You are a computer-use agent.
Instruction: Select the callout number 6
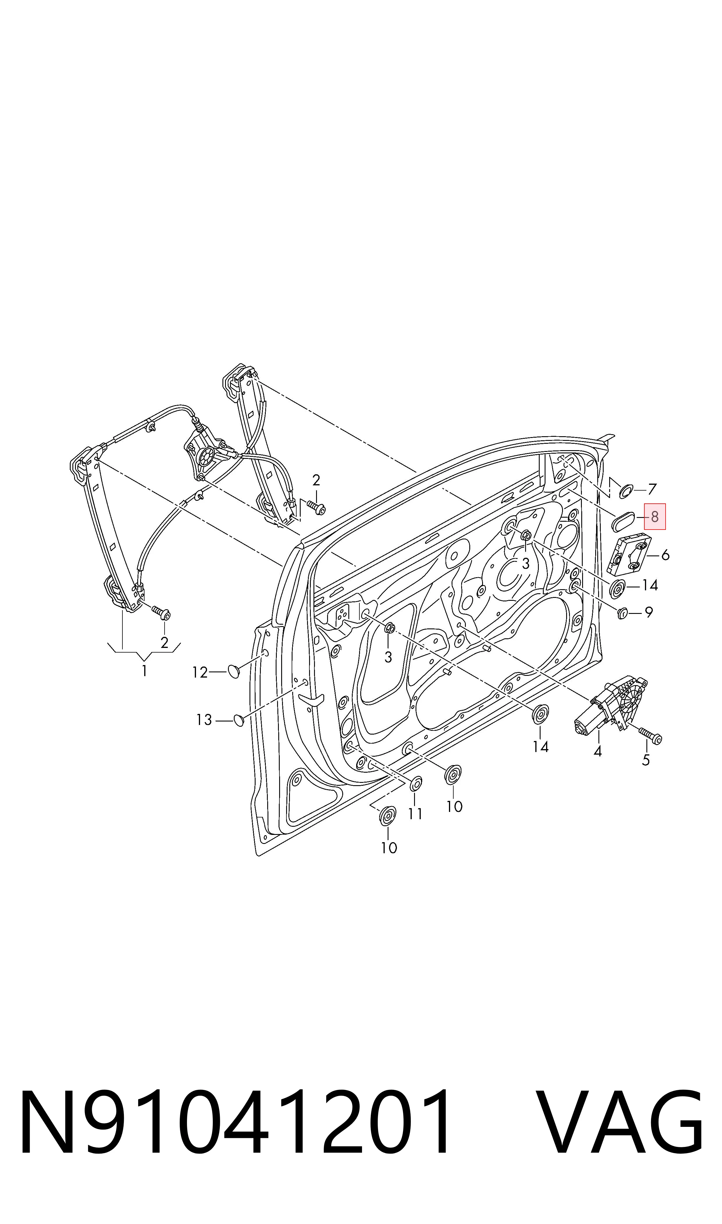click(665, 555)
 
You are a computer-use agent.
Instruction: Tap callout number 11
click(415, 813)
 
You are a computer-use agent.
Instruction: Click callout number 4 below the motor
click(598, 752)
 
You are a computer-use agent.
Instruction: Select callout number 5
click(646, 760)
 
